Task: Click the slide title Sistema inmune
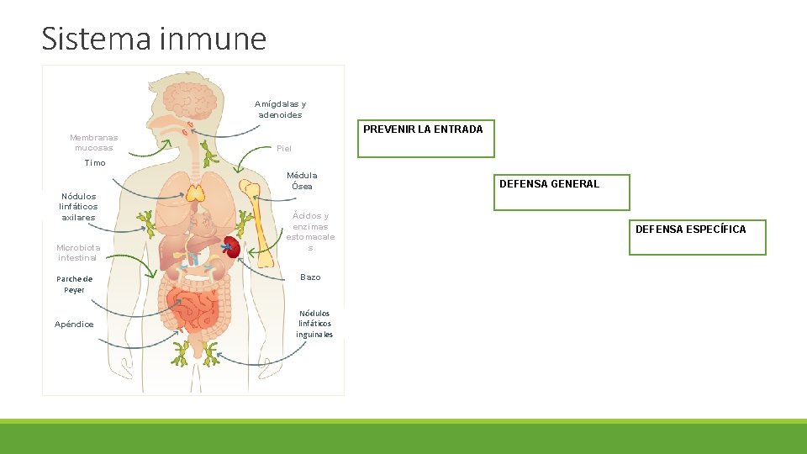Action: point(154,39)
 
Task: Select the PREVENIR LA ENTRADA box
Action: point(426,139)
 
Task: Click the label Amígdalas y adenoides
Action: point(280,109)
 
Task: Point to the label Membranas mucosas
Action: point(93,143)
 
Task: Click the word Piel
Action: point(284,149)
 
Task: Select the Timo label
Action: point(95,163)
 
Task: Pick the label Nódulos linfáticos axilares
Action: point(78,207)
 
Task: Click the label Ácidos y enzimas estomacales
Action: point(310,231)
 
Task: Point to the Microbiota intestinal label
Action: point(77,252)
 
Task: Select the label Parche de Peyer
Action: point(75,284)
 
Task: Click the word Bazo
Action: point(310,277)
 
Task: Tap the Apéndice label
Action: point(74,325)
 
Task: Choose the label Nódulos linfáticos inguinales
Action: point(314,324)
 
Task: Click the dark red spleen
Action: point(231,247)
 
